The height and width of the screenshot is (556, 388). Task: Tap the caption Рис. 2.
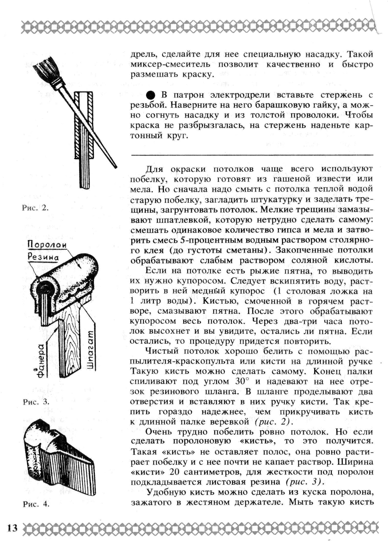[35, 208]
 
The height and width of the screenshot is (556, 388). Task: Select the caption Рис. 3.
[36, 402]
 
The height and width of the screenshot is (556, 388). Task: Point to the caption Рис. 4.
[36, 504]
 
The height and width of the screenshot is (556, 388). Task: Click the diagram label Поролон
[47, 244]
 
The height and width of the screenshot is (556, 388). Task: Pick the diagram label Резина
[43, 256]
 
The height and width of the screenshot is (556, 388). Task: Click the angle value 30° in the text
[242, 382]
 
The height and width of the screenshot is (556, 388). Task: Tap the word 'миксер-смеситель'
[170, 64]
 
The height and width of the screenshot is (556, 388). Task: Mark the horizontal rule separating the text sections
[252, 155]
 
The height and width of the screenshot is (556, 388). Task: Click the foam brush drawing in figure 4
[59, 459]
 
